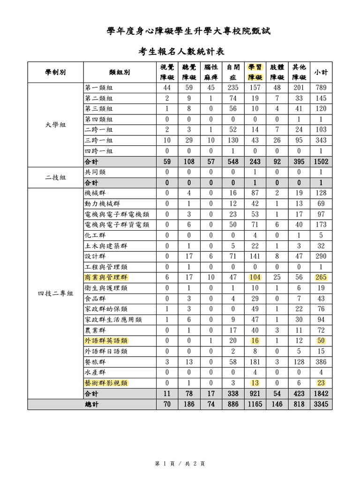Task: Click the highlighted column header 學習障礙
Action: [255, 72]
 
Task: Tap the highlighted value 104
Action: [255, 277]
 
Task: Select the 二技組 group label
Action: [55, 178]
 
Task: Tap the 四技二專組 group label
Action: [55, 293]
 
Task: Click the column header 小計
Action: [321, 72]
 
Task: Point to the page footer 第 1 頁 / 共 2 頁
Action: [180, 464]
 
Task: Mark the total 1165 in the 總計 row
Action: [255, 404]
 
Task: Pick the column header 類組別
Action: [119, 72]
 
